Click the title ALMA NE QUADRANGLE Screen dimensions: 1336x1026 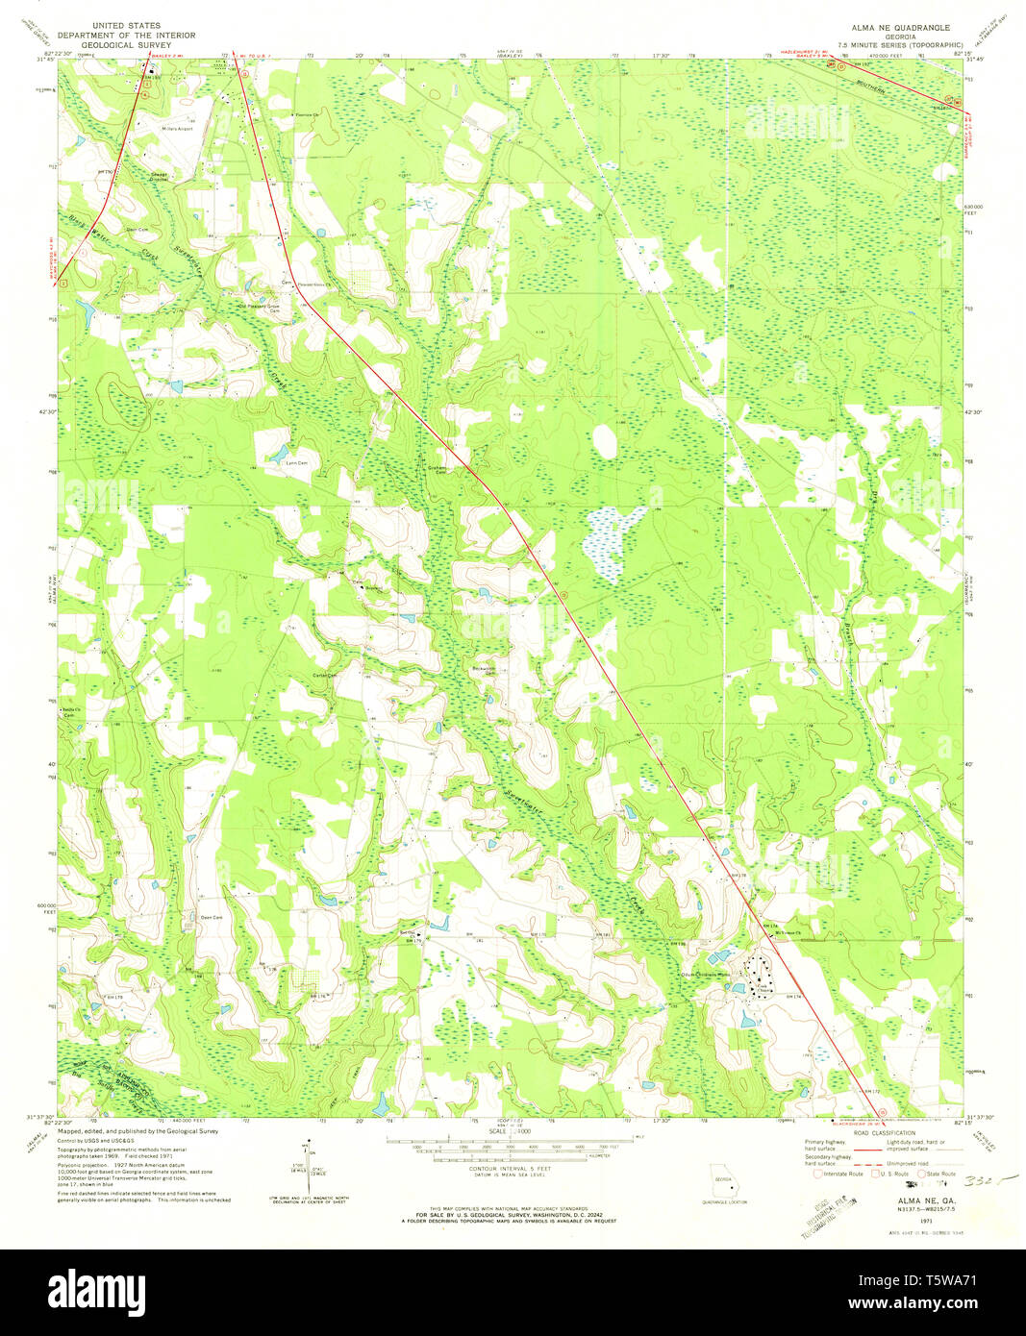[898, 28]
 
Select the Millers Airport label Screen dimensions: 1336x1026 [178, 129]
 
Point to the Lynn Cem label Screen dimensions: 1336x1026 [297, 463]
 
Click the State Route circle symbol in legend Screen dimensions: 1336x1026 [920, 1174]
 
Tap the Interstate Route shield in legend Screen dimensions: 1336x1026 [818, 1174]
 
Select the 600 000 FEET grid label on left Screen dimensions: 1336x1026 [46, 908]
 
